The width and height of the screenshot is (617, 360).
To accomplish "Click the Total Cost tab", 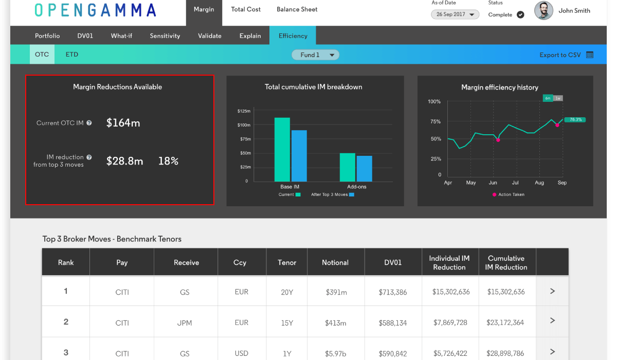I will pos(246,9).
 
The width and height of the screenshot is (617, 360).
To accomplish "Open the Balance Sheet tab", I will pos(297,9).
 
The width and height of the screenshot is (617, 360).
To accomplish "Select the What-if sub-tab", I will pos(121,36).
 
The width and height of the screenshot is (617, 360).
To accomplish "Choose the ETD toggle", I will pos(72,55).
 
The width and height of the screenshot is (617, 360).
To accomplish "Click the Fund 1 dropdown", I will pos(315,55).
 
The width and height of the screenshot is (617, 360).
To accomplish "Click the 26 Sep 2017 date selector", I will pos(455,14).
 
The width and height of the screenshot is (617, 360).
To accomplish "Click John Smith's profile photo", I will pos(543,11).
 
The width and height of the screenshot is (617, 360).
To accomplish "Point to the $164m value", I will pos(123,123).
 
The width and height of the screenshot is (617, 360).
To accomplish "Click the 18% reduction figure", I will pos(168,161).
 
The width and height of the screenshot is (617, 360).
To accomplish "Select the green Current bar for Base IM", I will pos(282,149).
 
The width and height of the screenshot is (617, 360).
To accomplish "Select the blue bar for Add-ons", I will pos(365,169).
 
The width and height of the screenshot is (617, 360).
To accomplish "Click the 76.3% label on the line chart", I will pos(575,120).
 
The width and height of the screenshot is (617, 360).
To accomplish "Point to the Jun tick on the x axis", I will pos(493,183).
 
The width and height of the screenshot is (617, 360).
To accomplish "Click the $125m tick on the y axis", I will pos(244,111).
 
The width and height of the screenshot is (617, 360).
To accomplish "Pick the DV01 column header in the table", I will pos(393,262).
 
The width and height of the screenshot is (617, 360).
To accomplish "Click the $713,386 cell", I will pos(393,292).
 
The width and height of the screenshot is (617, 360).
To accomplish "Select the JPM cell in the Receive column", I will pos(185,323).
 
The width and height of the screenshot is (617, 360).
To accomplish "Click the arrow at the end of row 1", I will pos(552,291).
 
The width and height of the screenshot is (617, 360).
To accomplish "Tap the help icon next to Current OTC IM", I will pos(89,123).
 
